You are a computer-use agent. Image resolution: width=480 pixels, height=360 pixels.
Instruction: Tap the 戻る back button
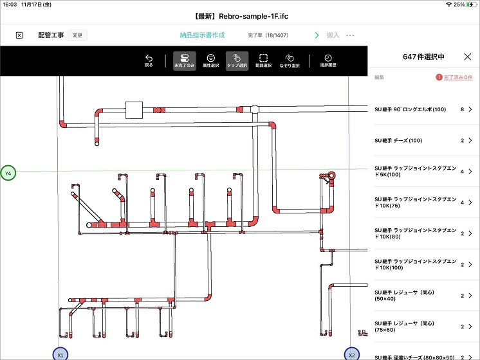[149, 60]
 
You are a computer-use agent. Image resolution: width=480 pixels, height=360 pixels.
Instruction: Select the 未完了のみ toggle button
[185, 60]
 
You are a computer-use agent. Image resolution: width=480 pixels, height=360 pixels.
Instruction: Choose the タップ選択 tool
[237, 60]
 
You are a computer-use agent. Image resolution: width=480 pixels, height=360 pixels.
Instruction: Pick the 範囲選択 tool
[263, 60]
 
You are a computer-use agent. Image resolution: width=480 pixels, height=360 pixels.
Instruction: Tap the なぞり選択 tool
[290, 60]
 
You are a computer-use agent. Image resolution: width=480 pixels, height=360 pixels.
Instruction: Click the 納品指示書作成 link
[207, 35]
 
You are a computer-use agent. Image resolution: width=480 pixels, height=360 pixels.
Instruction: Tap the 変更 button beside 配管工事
[77, 35]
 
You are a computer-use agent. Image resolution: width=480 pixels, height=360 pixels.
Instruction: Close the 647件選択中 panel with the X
[468, 57]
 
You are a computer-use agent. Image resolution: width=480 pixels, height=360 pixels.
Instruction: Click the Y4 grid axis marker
[8, 174]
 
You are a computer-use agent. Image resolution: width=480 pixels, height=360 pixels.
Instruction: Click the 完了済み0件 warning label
[454, 78]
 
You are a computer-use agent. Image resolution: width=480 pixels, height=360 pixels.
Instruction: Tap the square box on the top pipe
[134, 111]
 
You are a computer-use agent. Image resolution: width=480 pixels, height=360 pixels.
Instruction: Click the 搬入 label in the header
[333, 35]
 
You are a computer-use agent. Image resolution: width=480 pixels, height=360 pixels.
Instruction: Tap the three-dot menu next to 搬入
[351, 35]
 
